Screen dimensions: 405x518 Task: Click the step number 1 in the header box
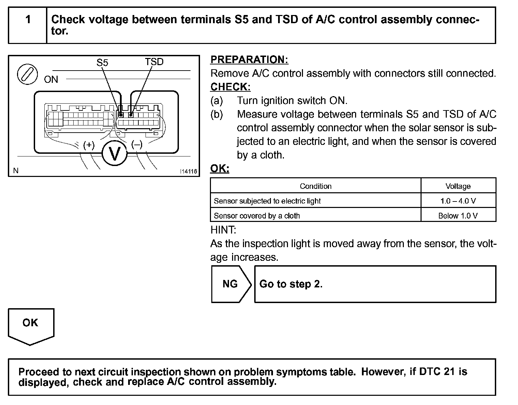tap(28, 19)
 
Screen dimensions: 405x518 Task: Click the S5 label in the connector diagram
tap(102, 63)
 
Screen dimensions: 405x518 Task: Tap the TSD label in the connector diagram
tap(154, 62)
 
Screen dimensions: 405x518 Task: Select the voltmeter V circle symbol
tap(115, 154)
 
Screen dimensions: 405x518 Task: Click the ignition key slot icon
tap(27, 74)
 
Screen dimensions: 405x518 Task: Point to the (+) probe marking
tap(89, 145)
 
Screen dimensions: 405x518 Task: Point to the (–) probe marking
tap(137, 145)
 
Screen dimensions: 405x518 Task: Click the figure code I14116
tap(188, 171)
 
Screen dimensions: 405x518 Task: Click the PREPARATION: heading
tap(249, 60)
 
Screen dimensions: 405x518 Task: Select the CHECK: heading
tap(230, 87)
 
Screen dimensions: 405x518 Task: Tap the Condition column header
tap(316, 186)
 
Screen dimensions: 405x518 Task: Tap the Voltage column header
tap(458, 186)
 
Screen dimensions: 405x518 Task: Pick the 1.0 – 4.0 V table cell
tap(458, 201)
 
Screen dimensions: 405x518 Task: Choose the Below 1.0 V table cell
tap(458, 215)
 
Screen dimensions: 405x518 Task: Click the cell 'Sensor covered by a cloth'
tap(257, 215)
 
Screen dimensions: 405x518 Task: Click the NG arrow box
tap(230, 284)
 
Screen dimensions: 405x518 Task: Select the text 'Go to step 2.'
tap(291, 284)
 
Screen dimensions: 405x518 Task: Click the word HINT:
tap(223, 230)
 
